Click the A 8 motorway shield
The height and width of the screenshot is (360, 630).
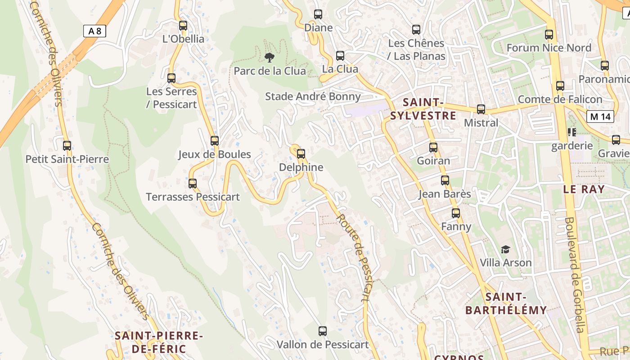coord(95,31)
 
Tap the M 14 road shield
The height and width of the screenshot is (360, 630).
coord(600,117)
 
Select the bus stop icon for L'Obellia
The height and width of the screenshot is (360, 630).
coord(183,26)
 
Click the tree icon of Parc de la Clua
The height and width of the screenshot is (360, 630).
coord(270,57)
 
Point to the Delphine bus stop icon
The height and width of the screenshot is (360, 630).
coord(301,154)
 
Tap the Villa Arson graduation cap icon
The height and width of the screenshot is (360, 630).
coord(506,249)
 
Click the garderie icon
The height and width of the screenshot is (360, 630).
coord(572,132)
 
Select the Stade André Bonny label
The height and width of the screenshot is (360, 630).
coord(313,96)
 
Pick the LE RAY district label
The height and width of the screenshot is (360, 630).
coord(584,189)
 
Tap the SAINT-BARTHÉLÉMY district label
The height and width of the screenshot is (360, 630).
coord(506,304)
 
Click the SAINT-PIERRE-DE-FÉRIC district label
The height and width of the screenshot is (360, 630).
coord(158,342)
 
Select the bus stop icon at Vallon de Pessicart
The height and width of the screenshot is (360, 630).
coord(322,332)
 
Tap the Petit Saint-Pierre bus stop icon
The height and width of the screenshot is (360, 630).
coord(67,146)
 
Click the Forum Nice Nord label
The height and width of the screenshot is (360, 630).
coord(549,48)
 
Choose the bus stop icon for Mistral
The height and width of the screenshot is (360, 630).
coord(481,109)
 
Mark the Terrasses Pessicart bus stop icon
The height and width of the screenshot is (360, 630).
coord(193,184)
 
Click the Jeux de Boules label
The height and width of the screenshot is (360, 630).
coord(214,154)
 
